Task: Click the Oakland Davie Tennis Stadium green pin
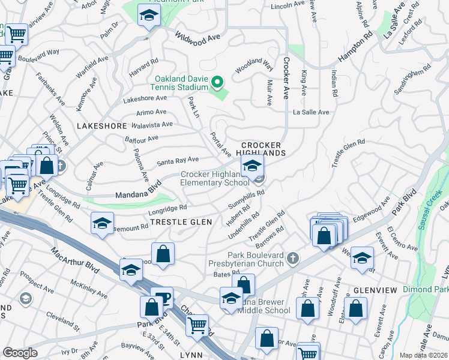218,81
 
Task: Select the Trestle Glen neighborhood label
181,222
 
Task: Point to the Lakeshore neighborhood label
102,126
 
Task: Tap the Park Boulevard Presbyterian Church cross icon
293,258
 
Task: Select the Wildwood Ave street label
197,40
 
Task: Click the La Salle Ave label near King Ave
311,112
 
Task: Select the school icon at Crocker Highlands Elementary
252,166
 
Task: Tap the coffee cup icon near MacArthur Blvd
161,297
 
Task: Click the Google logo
20,353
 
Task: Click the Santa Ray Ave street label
177,161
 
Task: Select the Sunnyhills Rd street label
247,200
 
